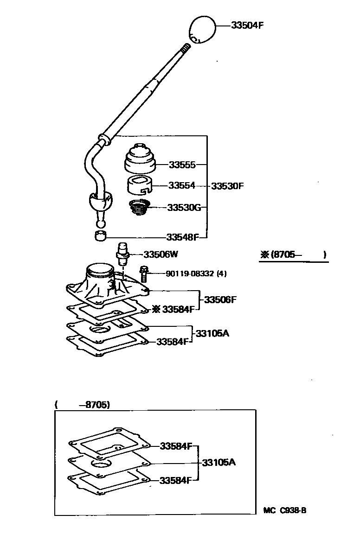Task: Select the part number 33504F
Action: tap(247, 25)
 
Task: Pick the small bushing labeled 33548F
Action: tap(100, 235)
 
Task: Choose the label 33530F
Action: tap(227, 186)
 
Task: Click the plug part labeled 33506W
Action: tap(122, 254)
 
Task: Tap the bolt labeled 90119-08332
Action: tap(143, 273)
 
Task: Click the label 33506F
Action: tap(220, 300)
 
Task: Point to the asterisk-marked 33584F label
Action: tap(174, 309)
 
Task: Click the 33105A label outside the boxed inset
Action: tap(212, 333)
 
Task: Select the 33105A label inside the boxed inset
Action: tap(219, 462)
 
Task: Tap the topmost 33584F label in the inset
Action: tap(176, 446)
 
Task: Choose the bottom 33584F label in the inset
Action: tap(175, 480)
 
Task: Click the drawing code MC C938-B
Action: tap(285, 510)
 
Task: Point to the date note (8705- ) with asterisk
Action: tap(293, 254)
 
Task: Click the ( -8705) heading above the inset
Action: tap(82, 405)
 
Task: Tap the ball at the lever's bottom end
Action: tap(100, 223)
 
